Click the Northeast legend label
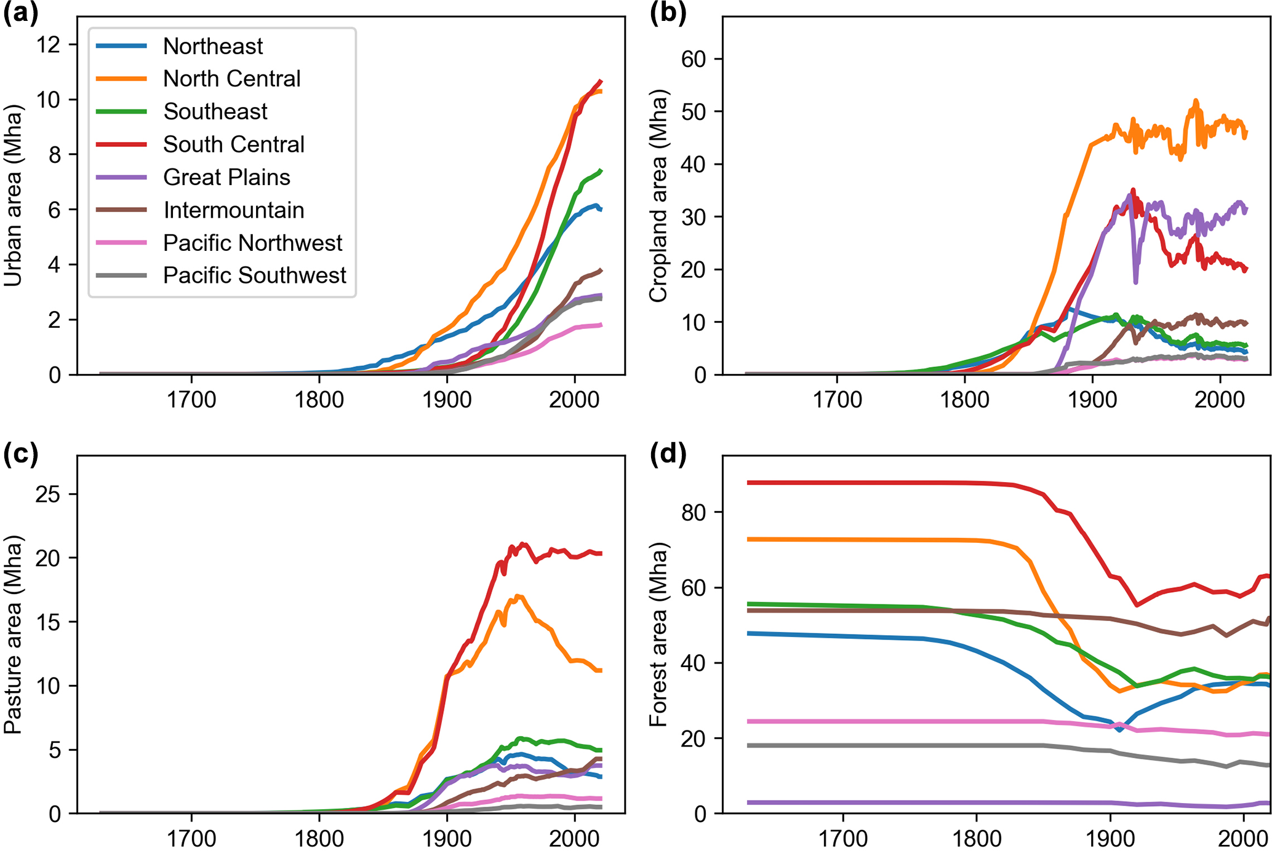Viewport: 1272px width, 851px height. click(213, 46)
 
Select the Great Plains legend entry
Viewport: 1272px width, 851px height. click(226, 177)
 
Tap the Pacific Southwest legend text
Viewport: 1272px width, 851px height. click(254, 275)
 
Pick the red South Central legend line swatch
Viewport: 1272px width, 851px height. click(122, 144)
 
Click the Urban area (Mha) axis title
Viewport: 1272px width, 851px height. click(13, 196)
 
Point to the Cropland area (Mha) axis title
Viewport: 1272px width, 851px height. click(658, 196)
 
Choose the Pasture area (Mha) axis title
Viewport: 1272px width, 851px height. click(13, 635)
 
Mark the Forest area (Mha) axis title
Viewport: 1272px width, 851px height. click(658, 635)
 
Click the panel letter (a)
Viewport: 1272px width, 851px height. click(20, 13)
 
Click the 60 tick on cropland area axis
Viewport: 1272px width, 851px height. click(694, 59)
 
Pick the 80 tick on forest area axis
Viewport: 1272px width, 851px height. click(694, 512)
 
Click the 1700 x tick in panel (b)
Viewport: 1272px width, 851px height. click(837, 400)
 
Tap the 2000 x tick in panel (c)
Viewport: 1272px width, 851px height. click(574, 837)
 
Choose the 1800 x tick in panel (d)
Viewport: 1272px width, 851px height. click(976, 837)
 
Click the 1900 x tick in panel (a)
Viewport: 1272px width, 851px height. click(447, 400)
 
